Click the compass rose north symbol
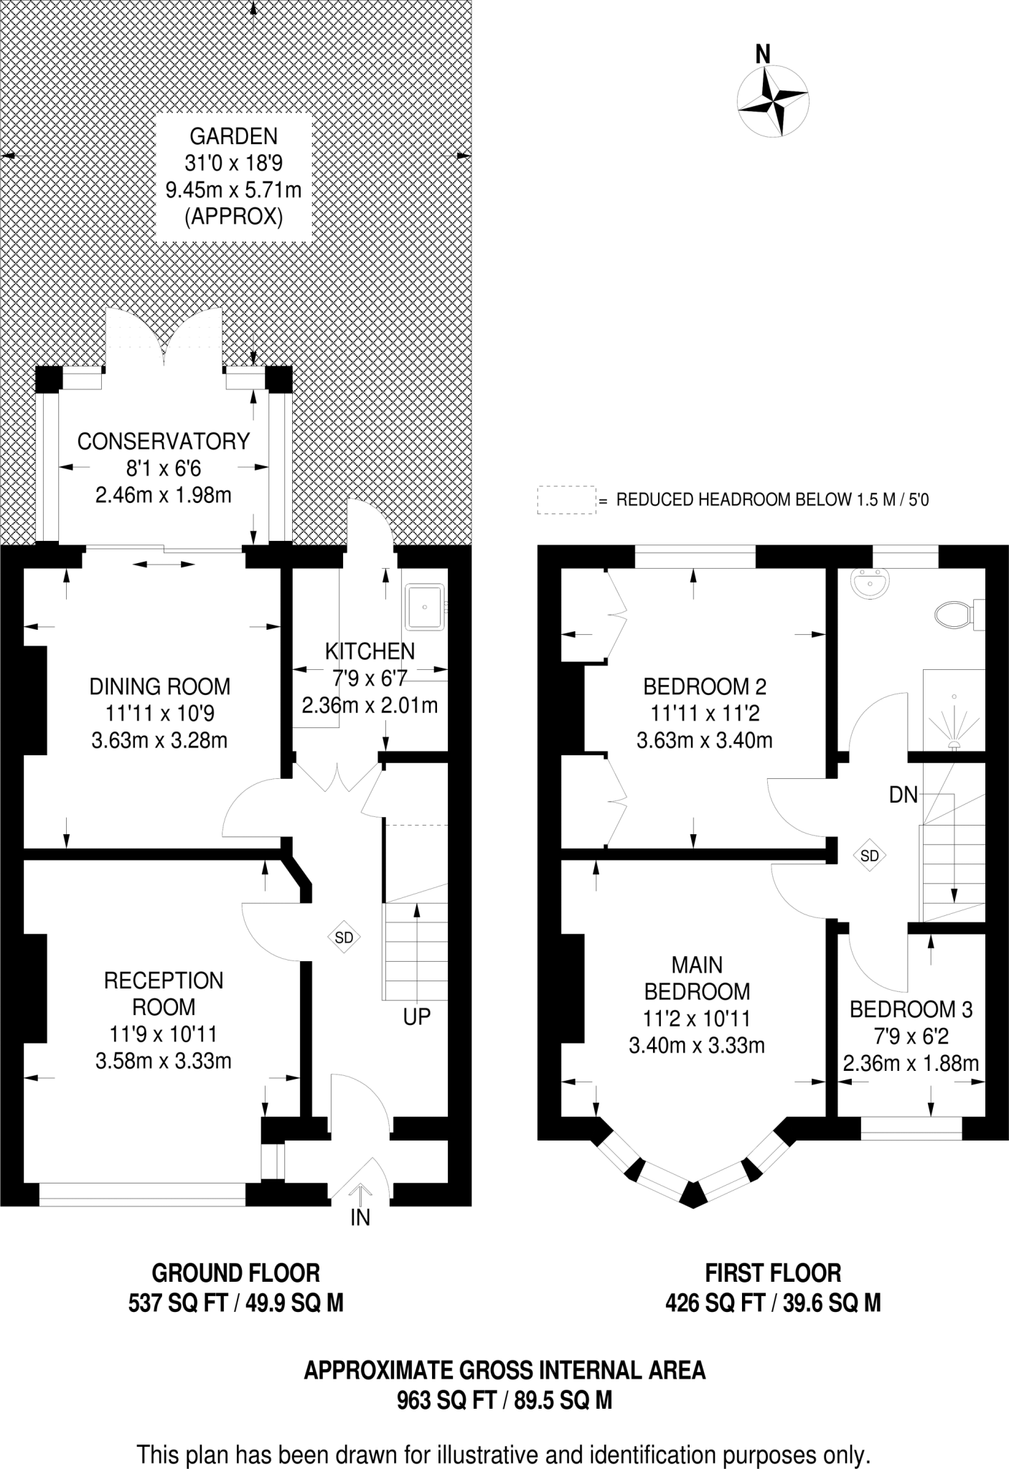pyautogui.click(x=774, y=101)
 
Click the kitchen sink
pyautogui.click(x=426, y=606)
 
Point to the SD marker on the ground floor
pyautogui.click(x=344, y=937)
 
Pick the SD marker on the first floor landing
pyautogui.click(x=869, y=855)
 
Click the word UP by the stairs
pyautogui.click(x=416, y=1016)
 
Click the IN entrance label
pyautogui.click(x=360, y=1218)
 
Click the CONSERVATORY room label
pyautogui.click(x=164, y=441)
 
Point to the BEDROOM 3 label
pyautogui.click(x=911, y=1009)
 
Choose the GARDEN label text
pyautogui.click(x=233, y=136)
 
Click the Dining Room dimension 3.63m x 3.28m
pyautogui.click(x=159, y=740)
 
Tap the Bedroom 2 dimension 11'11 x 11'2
pyautogui.click(x=705, y=713)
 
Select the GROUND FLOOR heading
pyautogui.click(x=235, y=1273)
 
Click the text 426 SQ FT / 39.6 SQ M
pyautogui.click(x=773, y=1302)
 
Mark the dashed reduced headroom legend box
pyautogui.click(x=567, y=499)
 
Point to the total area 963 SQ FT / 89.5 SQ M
pyautogui.click(x=504, y=1400)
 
